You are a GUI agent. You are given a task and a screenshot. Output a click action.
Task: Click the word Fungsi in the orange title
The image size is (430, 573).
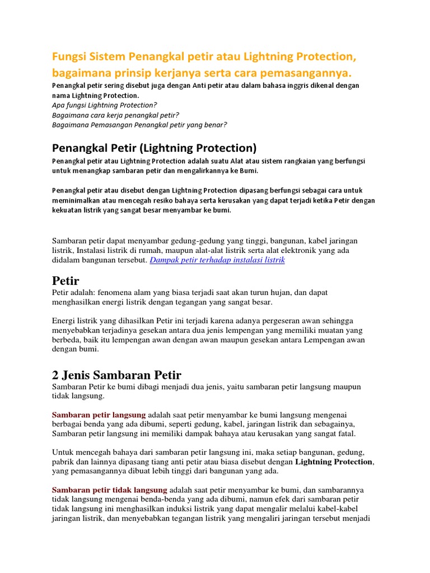click(69, 58)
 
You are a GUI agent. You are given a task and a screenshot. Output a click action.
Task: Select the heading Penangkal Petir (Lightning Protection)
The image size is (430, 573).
click(154, 148)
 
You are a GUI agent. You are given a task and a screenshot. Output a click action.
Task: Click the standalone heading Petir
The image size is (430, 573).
click(66, 280)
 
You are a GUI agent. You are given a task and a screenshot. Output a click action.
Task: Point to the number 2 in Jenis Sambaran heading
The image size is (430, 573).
click(55, 374)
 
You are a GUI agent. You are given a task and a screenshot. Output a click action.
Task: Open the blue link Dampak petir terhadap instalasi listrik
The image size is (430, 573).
click(217, 260)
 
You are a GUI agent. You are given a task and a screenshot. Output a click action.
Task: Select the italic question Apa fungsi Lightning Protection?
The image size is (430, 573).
click(104, 105)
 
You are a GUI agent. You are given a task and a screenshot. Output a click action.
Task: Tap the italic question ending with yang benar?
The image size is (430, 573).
click(139, 124)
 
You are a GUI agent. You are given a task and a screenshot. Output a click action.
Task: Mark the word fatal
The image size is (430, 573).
click(344, 434)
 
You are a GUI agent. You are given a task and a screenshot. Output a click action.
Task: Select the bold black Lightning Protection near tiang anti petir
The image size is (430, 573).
click(333, 462)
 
